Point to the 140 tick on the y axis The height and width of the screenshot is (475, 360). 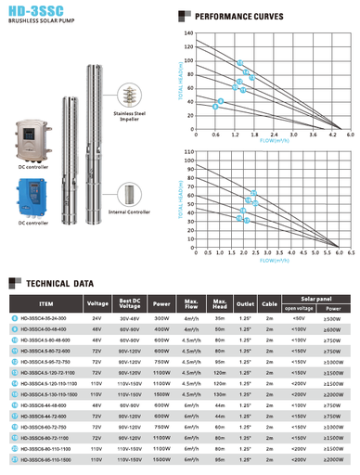click(188, 33)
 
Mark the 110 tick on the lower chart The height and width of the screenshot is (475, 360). click(189, 150)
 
